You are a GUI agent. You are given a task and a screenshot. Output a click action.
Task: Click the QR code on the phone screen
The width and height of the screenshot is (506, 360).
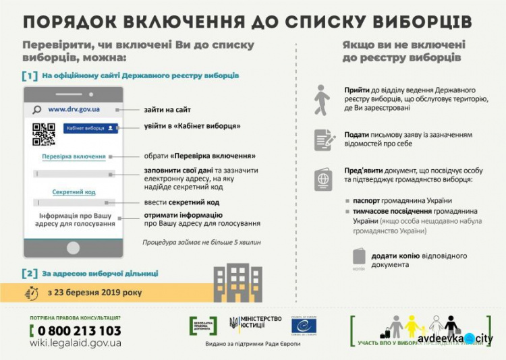point(44,134)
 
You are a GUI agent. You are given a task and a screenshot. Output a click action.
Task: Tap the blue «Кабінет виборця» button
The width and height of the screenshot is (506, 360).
point(90,127)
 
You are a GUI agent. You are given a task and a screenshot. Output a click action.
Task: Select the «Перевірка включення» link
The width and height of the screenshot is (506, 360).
point(74,156)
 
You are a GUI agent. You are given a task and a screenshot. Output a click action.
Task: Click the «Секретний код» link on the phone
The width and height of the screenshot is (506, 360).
point(74,192)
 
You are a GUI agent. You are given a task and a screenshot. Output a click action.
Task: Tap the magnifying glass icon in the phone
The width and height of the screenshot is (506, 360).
point(37,109)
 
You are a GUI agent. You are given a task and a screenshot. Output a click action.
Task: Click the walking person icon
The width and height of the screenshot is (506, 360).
point(322,99)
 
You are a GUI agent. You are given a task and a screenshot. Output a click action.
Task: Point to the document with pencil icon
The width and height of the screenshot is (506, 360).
point(325,140)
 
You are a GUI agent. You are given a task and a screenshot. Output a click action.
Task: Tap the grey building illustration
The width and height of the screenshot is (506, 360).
point(237,282)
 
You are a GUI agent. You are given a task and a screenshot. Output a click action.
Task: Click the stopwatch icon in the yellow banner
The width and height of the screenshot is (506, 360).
point(32,293)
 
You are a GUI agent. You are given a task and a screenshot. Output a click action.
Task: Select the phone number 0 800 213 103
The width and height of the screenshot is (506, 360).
point(75,330)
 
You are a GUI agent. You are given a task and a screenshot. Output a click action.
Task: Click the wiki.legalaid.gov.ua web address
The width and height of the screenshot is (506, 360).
point(75,343)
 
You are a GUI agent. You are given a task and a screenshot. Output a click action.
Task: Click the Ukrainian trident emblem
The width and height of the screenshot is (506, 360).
point(233,323)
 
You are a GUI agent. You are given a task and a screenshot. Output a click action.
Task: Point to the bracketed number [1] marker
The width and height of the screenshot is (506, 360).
point(30,76)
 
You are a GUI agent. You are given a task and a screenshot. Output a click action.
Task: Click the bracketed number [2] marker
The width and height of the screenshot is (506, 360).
point(30,273)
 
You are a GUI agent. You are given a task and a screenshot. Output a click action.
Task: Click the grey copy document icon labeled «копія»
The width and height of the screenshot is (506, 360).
point(359,257)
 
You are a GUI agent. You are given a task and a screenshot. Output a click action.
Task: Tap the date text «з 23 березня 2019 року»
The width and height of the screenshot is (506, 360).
point(95,293)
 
